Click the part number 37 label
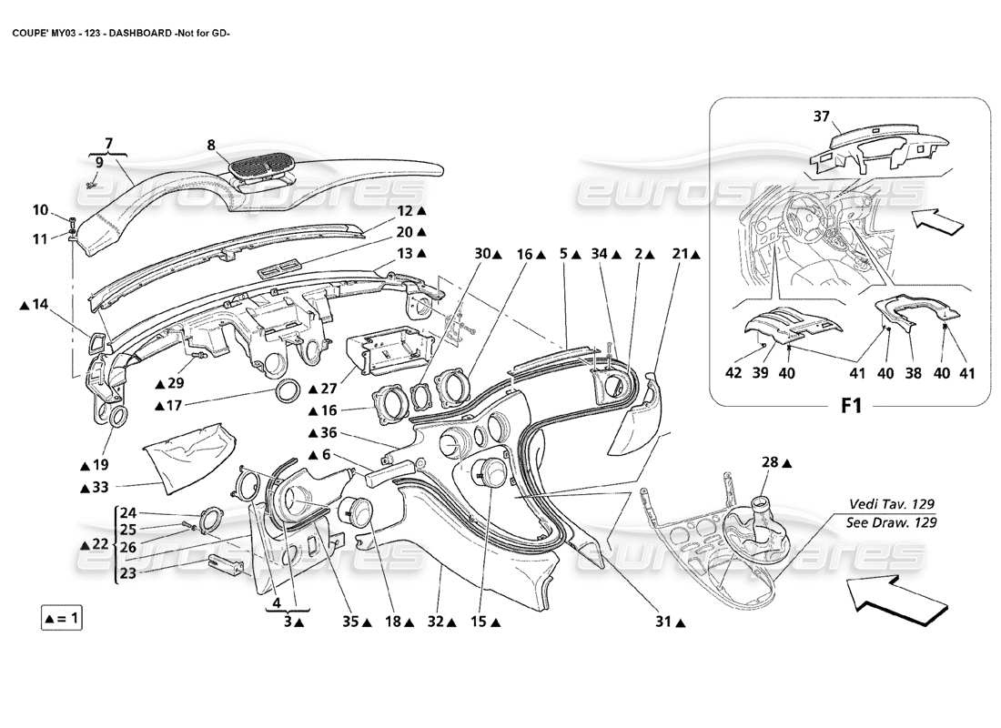tap(822, 116)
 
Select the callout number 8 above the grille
tap(211, 144)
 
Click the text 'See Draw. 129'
tap(891, 522)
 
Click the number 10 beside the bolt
tap(40, 210)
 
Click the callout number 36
tap(328, 432)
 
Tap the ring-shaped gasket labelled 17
tap(290, 393)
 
